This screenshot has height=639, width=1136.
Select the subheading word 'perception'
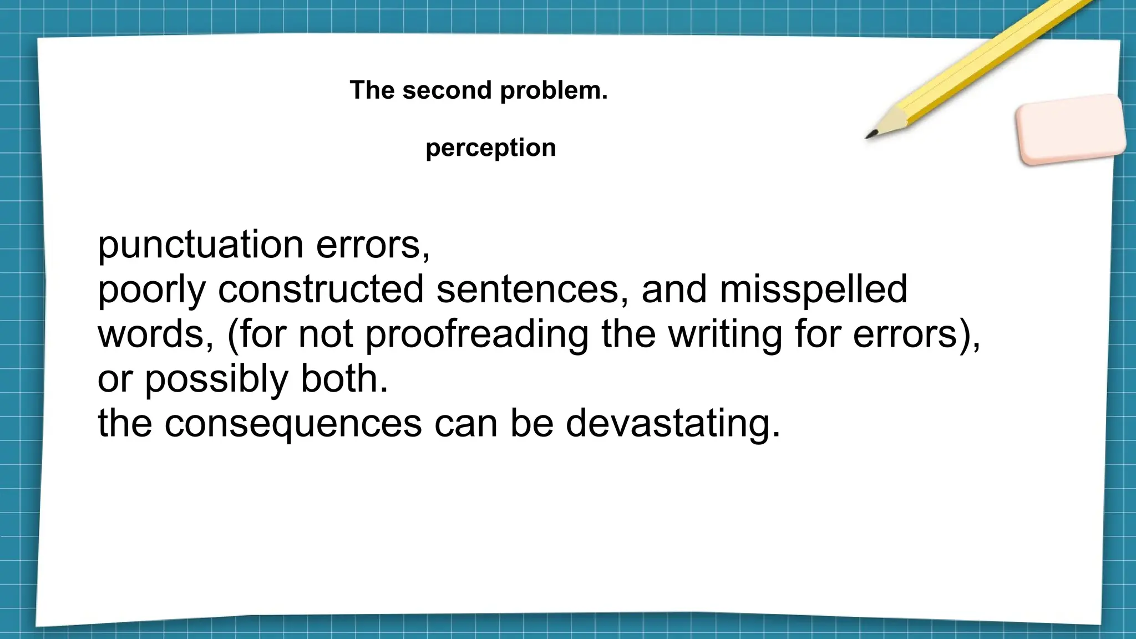(x=490, y=148)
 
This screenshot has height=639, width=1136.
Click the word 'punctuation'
(x=200, y=245)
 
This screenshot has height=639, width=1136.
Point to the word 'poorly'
(x=151, y=290)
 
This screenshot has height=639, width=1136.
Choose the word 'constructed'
(x=321, y=290)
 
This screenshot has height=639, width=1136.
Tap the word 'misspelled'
(x=813, y=290)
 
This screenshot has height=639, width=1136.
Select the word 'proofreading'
(x=477, y=335)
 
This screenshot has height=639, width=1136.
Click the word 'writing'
(x=725, y=335)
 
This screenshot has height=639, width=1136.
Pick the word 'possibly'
(x=216, y=380)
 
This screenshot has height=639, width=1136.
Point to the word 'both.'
(x=344, y=379)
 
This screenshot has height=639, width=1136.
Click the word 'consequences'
(x=293, y=424)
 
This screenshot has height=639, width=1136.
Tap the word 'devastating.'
(x=672, y=424)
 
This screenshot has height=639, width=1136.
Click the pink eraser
(x=1070, y=129)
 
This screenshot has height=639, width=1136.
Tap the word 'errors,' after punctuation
(x=373, y=245)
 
